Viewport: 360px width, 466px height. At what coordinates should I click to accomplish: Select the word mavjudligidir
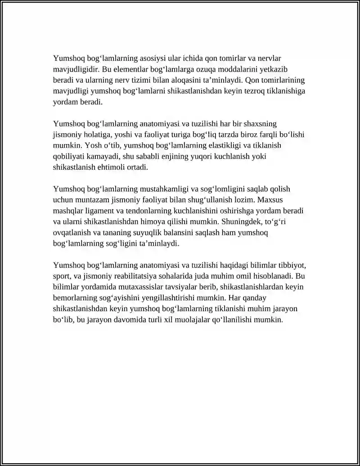pyautogui.click(x=75, y=69)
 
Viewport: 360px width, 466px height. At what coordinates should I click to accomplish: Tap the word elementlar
pyautogui.click(x=133, y=69)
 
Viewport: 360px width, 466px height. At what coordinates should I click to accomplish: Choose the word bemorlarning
pyautogui.click(x=75, y=298)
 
